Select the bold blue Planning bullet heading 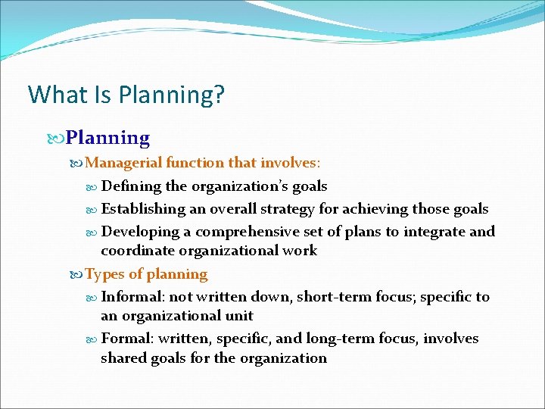tap(107, 138)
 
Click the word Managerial tap(123, 162)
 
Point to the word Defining tap(130, 186)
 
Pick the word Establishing tap(143, 208)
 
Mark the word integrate tap(430, 231)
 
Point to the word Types tap(103, 274)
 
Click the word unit tap(238, 316)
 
